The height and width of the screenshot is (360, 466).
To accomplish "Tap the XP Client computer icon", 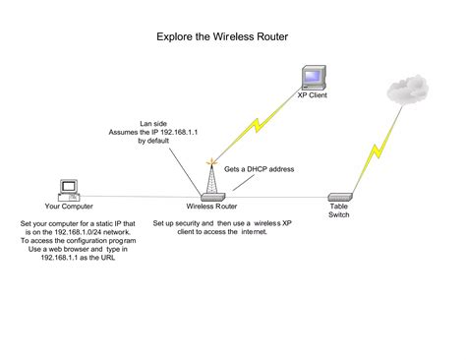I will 312,77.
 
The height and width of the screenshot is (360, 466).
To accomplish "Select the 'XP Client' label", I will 313,96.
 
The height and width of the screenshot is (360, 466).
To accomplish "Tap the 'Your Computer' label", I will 69,207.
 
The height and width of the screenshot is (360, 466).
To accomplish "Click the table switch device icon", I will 338,197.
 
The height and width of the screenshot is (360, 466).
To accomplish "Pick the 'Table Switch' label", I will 338,211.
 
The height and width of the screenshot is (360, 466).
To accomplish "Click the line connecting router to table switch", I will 275,197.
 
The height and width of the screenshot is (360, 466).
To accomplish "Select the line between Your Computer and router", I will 138,197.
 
